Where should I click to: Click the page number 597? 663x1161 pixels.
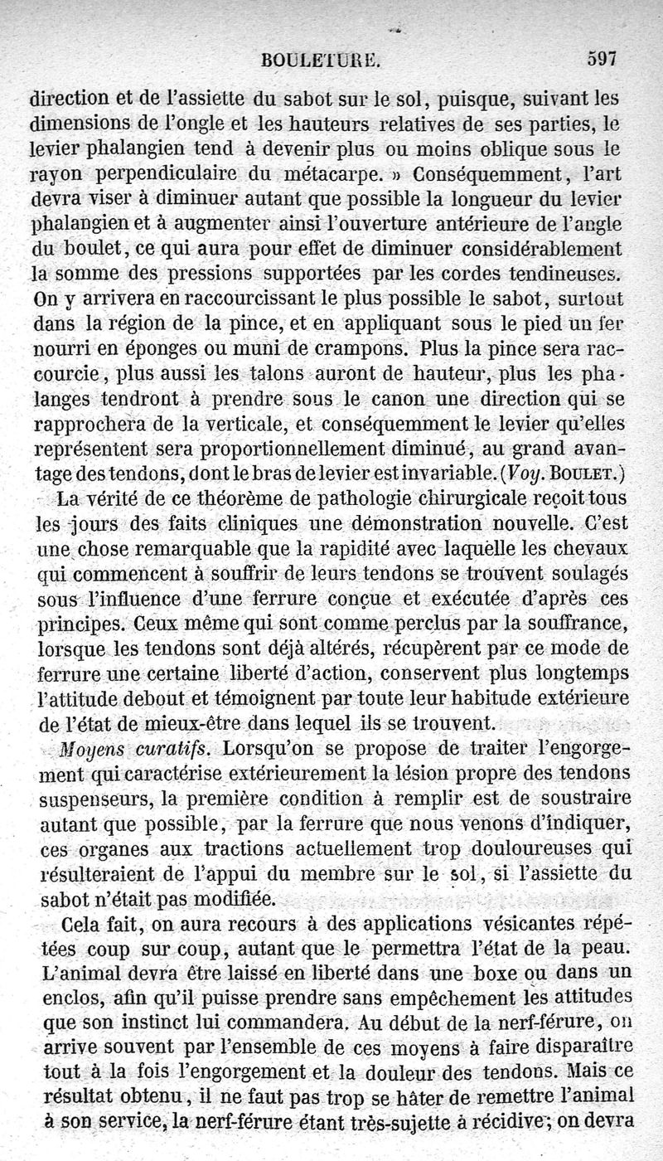point(603,59)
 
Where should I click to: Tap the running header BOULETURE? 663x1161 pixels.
point(319,60)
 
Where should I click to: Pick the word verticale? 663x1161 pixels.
point(235,425)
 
